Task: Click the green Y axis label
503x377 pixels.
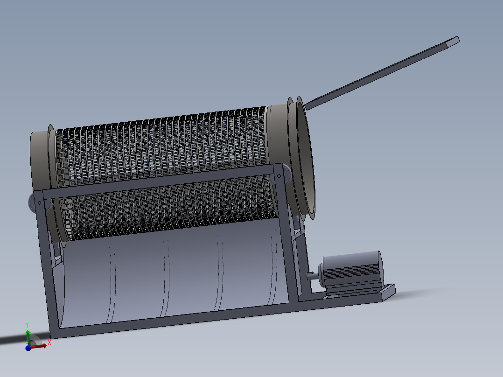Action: point(28,324)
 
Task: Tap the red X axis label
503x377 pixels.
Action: point(49,342)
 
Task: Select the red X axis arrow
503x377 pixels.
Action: point(39,346)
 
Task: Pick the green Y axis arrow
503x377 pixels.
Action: point(28,336)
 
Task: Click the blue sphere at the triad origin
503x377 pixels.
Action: point(28,348)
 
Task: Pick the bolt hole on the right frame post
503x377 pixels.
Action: point(279,176)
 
